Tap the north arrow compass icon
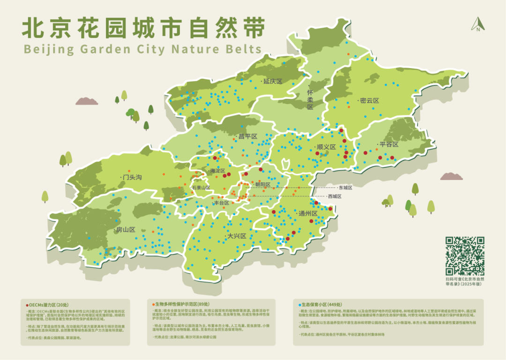(478, 24)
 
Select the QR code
(464, 256)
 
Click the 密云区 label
(369, 101)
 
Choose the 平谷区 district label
(388, 144)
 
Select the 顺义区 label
(326, 147)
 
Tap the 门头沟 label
(132, 177)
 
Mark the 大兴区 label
(237, 236)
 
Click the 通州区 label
(308, 213)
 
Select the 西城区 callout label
(334, 196)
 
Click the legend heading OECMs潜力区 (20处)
(50, 304)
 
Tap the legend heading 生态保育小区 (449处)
(318, 304)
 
